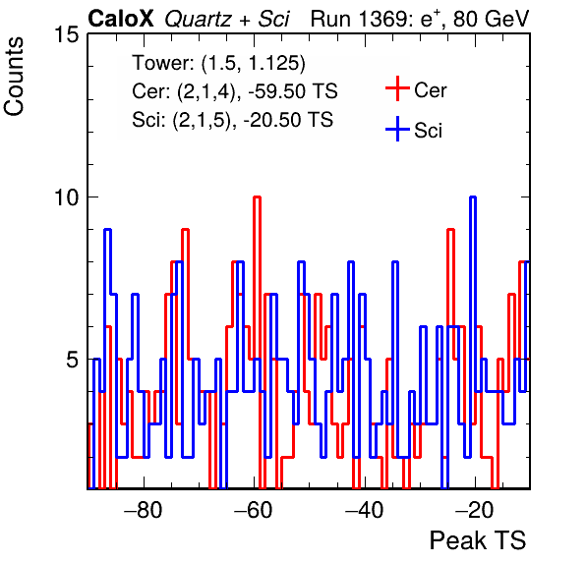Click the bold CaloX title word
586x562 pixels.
(121, 19)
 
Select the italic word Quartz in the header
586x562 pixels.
(198, 20)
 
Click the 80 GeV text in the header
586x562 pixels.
(491, 19)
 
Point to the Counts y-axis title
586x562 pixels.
(14, 77)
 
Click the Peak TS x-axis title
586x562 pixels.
(478, 540)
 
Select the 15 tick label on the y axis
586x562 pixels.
(67, 34)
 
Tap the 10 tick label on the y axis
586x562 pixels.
(67, 197)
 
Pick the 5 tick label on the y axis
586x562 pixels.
(73, 360)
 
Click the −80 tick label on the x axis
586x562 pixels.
(144, 510)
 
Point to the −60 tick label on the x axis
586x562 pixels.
(254, 510)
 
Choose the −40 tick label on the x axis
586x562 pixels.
(365, 510)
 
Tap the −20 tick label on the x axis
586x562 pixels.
(475, 510)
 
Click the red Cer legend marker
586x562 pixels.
(397, 88)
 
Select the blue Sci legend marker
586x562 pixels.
(397, 129)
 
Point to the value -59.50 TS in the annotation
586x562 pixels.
(293, 91)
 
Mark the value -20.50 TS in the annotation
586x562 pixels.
(288, 120)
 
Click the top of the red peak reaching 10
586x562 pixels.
(257, 197)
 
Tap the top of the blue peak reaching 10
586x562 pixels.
(473, 197)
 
